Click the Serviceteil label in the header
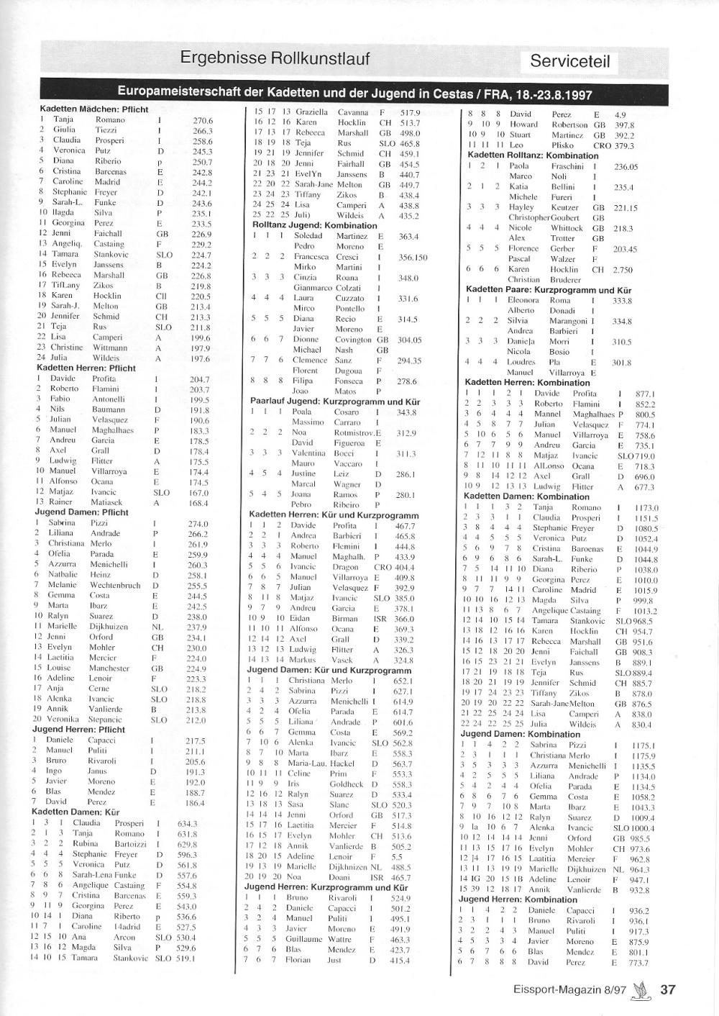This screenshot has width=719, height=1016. [x=569, y=61]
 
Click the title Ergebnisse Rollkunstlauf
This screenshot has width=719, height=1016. [x=275, y=58]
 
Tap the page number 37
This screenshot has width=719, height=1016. [x=668, y=989]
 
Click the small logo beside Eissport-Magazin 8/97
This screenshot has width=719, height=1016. [x=638, y=990]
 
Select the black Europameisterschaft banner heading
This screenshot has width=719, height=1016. [x=360, y=94]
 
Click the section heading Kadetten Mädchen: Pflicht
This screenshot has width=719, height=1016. [x=93, y=109]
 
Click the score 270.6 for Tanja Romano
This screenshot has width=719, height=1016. [x=203, y=120]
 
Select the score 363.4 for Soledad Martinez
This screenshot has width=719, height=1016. [x=408, y=236]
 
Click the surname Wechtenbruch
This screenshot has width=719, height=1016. [x=115, y=585]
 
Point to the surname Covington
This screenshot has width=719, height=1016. [x=353, y=340]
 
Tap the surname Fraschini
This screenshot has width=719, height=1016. [x=567, y=166]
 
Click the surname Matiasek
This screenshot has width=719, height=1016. [x=106, y=503]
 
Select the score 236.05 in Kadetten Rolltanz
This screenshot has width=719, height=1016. [x=626, y=166]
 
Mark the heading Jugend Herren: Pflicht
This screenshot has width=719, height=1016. [x=78, y=729]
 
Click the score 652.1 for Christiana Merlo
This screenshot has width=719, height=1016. [x=403, y=680]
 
